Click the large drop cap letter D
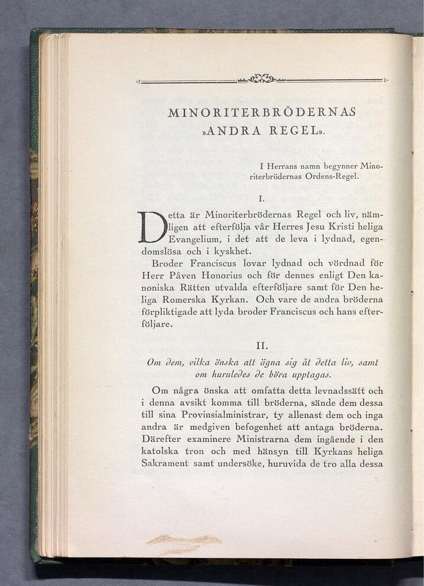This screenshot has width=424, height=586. [151, 226]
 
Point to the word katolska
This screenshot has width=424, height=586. [162, 452]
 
